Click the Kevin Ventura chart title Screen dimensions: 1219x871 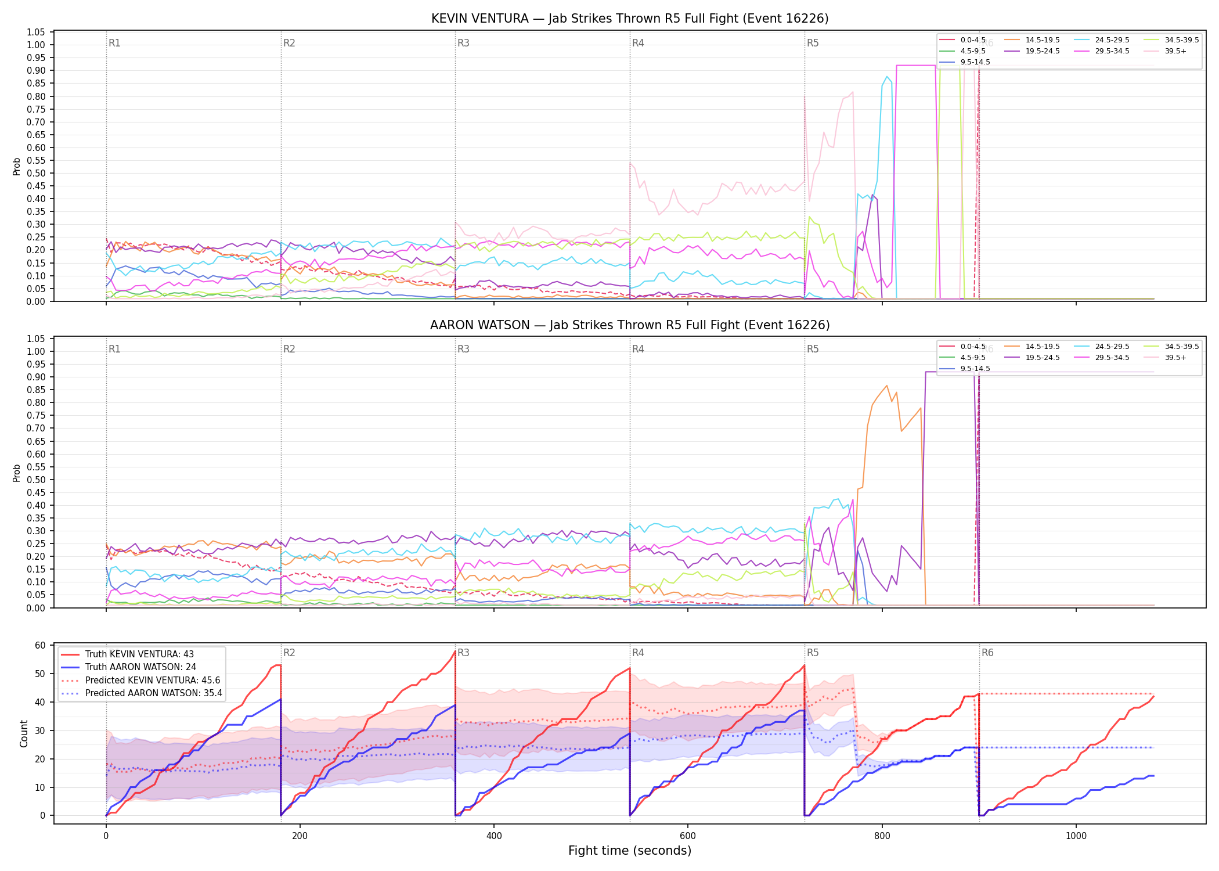[630, 19]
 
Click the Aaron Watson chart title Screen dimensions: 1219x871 [630, 325]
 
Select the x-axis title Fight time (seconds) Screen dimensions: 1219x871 [630, 851]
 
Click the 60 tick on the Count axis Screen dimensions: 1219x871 [40, 646]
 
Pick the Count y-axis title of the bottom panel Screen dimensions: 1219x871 [24, 733]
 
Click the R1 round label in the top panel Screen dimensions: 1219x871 [114, 43]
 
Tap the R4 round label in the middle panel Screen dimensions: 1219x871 [638, 349]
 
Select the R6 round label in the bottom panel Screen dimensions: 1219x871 [987, 653]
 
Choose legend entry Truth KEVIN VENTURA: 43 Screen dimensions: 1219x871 [139, 654]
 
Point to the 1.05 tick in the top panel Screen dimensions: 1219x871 [36, 32]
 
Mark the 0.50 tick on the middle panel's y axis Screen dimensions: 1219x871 [36, 480]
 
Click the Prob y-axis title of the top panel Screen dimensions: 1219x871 [17, 166]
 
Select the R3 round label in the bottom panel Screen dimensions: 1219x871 [463, 653]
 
